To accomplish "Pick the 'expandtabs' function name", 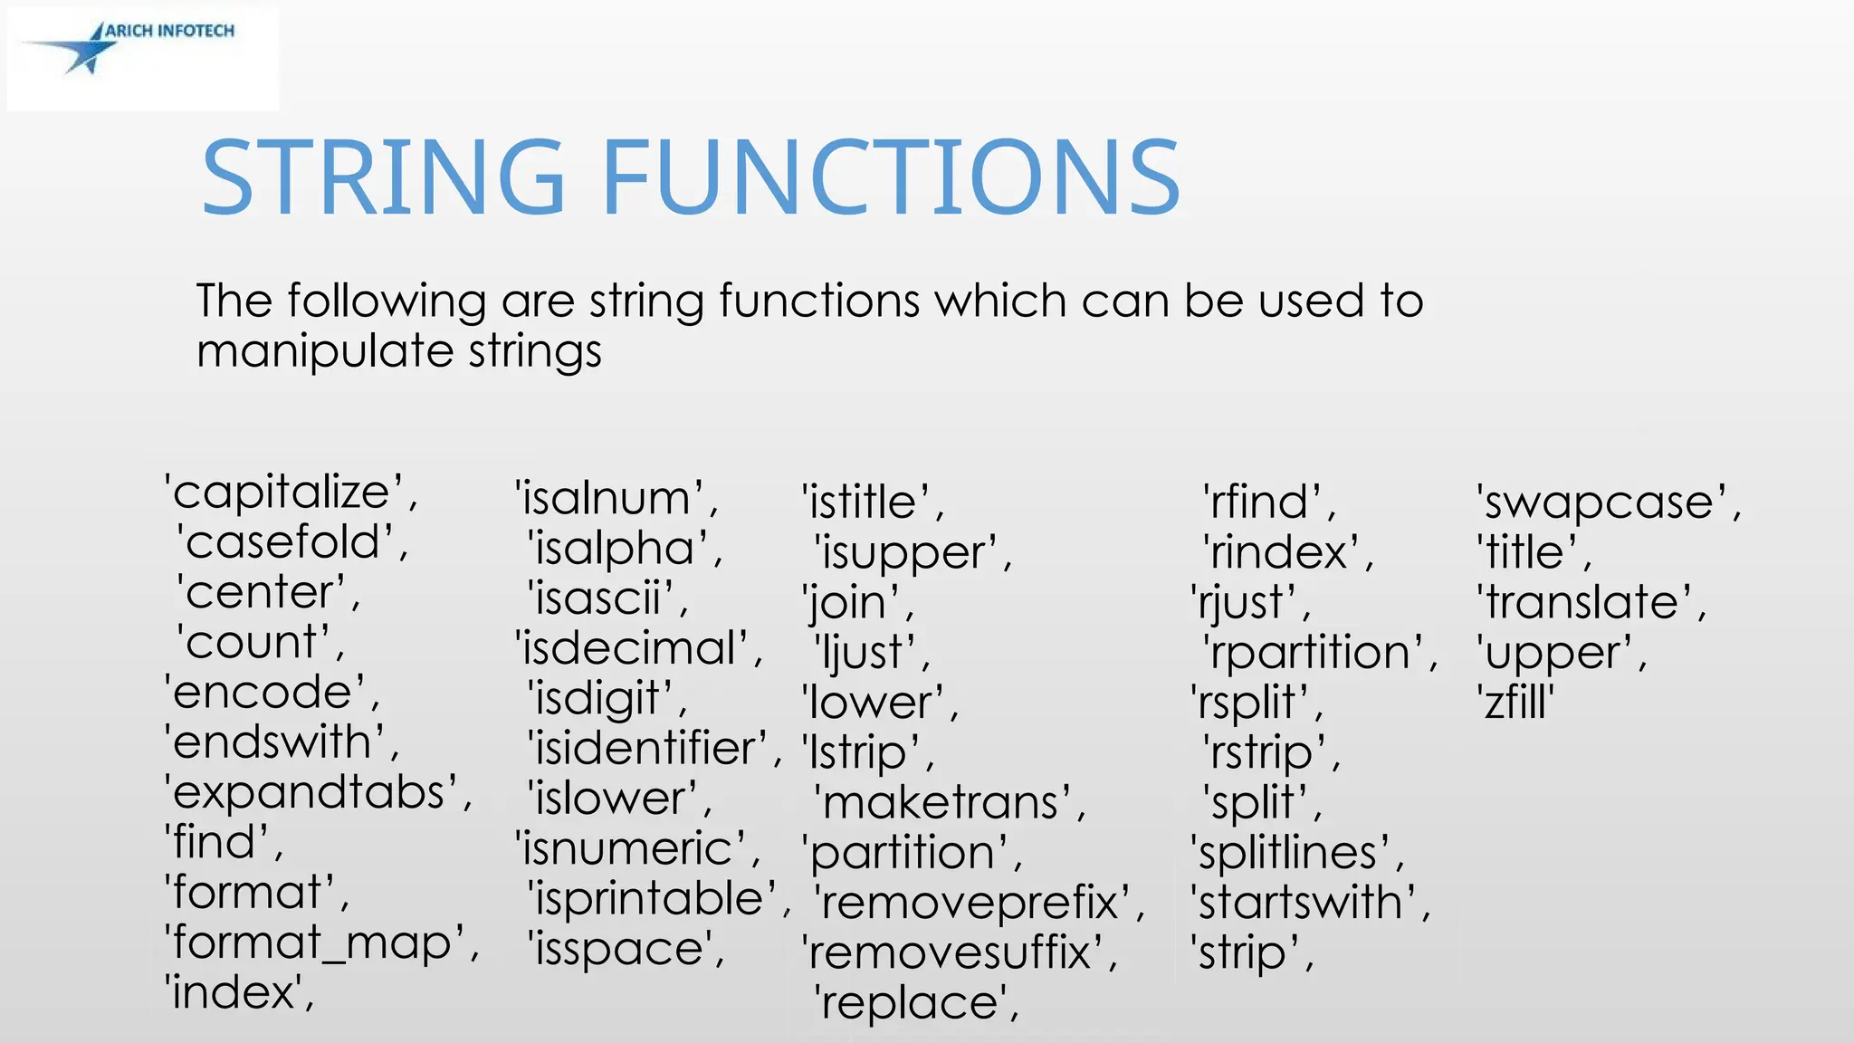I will click(309, 793).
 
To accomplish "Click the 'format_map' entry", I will click(312, 943).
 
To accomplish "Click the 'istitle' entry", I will click(865, 502).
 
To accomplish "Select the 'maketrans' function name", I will click(941, 803).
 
